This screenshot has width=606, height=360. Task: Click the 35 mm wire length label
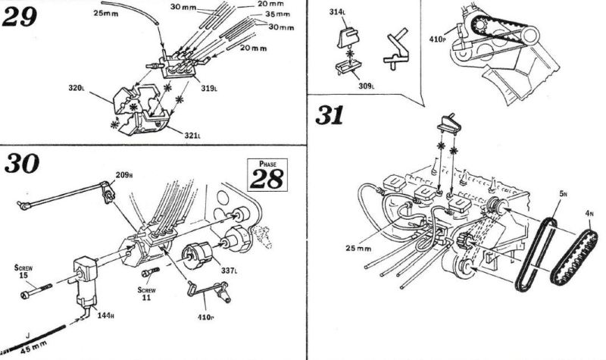click(x=281, y=14)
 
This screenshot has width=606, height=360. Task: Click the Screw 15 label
click(x=24, y=271)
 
